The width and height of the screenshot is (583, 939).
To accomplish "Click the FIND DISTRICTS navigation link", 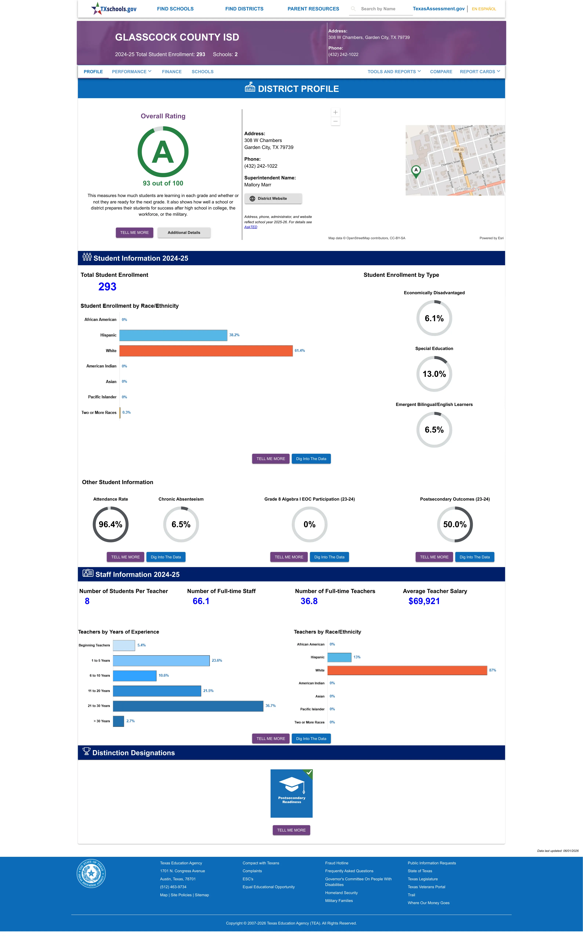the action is (x=244, y=9).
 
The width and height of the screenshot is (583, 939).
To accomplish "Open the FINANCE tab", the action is (x=172, y=72).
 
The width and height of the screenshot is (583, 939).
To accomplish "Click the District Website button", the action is (x=273, y=198).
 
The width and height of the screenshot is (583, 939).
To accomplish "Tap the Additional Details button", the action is (x=184, y=233).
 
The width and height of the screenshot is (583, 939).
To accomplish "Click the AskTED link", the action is (x=251, y=227).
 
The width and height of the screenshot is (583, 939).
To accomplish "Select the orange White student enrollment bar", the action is (x=206, y=351).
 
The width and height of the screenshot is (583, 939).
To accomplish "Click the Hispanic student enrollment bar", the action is (x=173, y=335).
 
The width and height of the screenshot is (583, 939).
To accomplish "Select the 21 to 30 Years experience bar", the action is (x=188, y=706).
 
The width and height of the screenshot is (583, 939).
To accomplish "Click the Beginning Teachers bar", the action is (x=124, y=645).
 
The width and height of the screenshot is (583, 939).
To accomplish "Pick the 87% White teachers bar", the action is (x=407, y=670).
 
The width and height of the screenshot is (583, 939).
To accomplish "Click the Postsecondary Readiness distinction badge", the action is (x=291, y=793).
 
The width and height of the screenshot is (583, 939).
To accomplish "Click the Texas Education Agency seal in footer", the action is (x=91, y=874).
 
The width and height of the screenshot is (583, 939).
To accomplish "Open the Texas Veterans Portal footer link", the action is (x=426, y=887).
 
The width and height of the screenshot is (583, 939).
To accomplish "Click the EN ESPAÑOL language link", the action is (x=484, y=9).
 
